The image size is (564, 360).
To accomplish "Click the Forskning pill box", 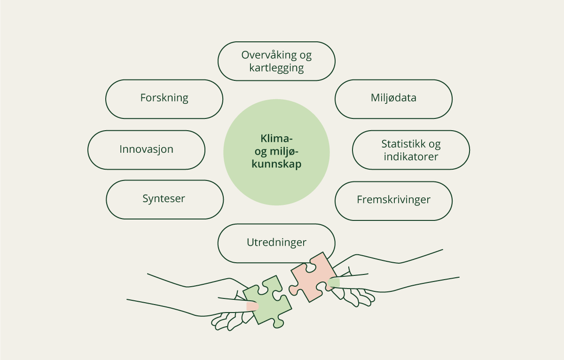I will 164,99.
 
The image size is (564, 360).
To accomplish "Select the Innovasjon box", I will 146,149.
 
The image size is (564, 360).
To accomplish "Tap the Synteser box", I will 164,199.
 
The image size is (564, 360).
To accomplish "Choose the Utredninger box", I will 276,243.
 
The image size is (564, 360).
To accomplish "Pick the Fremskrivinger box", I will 393,200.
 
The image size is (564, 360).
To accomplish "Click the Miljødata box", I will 393,99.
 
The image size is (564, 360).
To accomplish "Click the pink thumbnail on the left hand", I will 252,306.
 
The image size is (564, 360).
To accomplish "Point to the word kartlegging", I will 276,68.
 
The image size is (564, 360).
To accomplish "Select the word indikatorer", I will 411,156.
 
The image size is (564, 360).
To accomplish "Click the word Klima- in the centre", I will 276,139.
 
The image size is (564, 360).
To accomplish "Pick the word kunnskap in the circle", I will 276,164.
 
